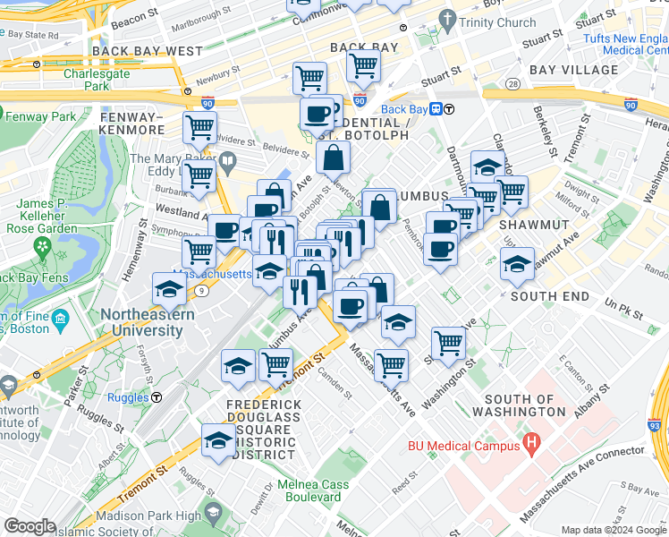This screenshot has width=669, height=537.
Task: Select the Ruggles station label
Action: point(128,397)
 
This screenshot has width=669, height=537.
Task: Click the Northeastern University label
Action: point(141,322)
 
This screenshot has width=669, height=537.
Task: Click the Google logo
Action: point(30,526)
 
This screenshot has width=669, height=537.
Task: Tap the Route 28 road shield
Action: point(512,83)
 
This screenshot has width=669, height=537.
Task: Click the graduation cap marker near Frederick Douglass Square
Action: point(217,441)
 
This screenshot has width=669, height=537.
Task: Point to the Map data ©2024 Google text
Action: point(613,530)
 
